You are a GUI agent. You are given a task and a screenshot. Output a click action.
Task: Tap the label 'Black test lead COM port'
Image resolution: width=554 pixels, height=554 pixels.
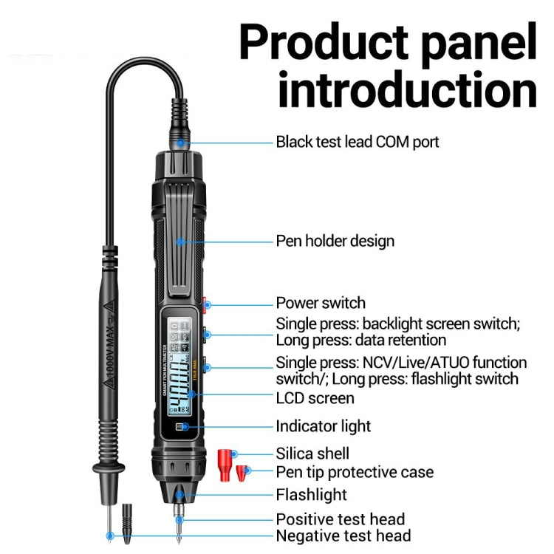click(x=357, y=141)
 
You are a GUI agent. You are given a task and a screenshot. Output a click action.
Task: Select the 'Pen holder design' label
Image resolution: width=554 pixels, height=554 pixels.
click(x=335, y=241)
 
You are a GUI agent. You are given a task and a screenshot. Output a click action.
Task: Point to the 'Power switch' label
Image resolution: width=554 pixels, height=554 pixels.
click(x=320, y=303)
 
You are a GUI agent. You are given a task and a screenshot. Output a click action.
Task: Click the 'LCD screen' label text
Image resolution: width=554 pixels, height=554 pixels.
click(x=315, y=398)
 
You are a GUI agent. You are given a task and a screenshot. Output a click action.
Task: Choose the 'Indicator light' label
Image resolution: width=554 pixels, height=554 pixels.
click(x=323, y=426)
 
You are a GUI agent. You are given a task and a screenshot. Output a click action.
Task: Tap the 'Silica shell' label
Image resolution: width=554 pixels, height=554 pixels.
click(x=312, y=454)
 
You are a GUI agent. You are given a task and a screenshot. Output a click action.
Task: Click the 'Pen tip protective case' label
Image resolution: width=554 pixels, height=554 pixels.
click(x=355, y=472)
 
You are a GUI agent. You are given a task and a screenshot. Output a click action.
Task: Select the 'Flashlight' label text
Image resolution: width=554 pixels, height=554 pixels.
click(x=311, y=494)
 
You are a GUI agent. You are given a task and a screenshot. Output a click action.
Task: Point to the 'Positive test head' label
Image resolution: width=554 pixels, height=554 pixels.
click(x=340, y=519)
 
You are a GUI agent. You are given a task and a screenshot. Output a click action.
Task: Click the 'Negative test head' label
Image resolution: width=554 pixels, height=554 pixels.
click(x=343, y=536)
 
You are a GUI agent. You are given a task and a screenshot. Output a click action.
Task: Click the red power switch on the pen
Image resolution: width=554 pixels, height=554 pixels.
click(x=205, y=302)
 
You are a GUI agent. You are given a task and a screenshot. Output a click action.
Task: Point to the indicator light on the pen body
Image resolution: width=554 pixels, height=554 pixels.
click(x=179, y=427)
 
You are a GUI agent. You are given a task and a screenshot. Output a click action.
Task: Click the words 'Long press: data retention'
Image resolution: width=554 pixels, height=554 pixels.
click(x=360, y=341)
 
